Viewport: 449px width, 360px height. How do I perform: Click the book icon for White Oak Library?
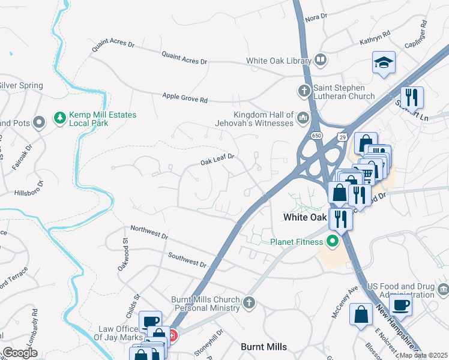point(321,61)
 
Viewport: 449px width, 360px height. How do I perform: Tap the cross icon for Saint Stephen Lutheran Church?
point(304,91)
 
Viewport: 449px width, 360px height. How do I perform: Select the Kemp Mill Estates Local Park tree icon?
point(59,118)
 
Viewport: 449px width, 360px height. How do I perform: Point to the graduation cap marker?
point(383,62)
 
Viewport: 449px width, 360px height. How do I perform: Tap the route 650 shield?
point(315,136)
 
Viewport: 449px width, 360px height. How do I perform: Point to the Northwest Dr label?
point(149,232)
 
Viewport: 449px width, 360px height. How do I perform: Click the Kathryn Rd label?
point(375,38)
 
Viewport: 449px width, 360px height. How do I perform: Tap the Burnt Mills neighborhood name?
point(264,347)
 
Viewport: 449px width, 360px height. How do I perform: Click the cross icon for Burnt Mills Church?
point(250,303)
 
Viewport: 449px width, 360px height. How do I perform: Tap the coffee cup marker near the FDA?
point(400,304)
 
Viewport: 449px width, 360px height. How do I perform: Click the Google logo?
point(20,352)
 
